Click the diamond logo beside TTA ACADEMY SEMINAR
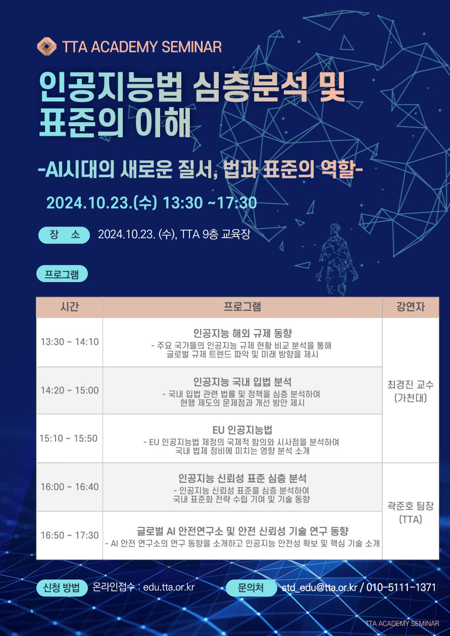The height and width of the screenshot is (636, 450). coord(46,46)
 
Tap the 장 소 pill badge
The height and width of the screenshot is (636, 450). coord(64,235)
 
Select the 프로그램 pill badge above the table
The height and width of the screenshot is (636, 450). coord(62,274)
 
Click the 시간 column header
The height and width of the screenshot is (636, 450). coord(69,307)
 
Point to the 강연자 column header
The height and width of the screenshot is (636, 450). coord(411,307)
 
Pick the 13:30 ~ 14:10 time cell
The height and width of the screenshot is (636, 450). coord(69,342)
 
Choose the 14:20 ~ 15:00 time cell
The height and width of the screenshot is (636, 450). coord(69,390)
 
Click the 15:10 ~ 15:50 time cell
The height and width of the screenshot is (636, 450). coord(69,438)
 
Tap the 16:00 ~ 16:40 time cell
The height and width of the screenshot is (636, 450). coord(69,487)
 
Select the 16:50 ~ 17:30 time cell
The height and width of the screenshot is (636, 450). coord(69,535)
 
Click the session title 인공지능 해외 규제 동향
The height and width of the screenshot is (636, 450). coord(242,333)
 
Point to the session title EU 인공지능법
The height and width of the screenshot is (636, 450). coord(242,430)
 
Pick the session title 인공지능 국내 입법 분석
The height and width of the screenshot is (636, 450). coord(242,382)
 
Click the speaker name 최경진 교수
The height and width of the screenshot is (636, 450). coord(411,385)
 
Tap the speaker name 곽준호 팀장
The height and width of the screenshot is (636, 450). coord(411,505)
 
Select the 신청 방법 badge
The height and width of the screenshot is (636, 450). coord(62,588)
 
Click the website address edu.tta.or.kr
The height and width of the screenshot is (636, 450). coord(169,587)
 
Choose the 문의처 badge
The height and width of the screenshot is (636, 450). coord(251,588)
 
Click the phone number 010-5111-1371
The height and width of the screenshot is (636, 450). coord(401,587)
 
